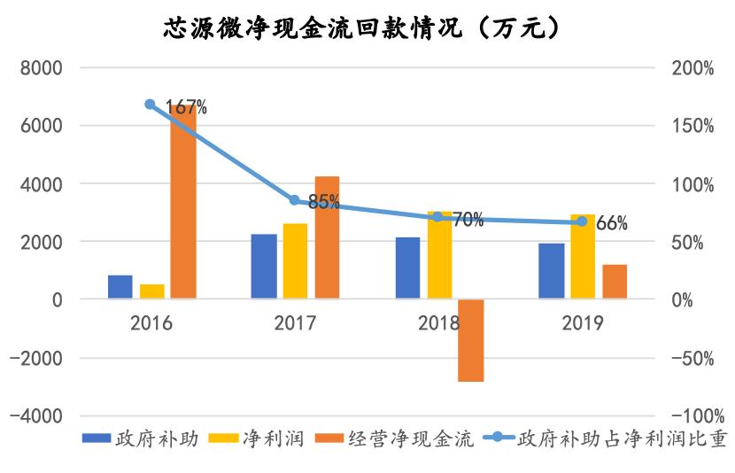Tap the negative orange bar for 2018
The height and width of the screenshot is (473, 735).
pos(471,340)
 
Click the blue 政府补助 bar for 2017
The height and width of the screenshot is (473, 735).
pos(263,267)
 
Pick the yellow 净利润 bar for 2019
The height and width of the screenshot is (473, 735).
pos(583,257)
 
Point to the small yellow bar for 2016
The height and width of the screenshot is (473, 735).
pos(151,291)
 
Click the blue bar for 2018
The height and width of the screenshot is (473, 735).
pos(407,268)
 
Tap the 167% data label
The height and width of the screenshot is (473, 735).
pos(186,108)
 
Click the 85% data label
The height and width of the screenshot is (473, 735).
pos(324,202)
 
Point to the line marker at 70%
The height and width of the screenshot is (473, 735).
pos(438,216)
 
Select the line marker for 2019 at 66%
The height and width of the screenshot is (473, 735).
pos(582,221)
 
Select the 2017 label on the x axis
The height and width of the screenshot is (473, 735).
pos(295,322)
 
